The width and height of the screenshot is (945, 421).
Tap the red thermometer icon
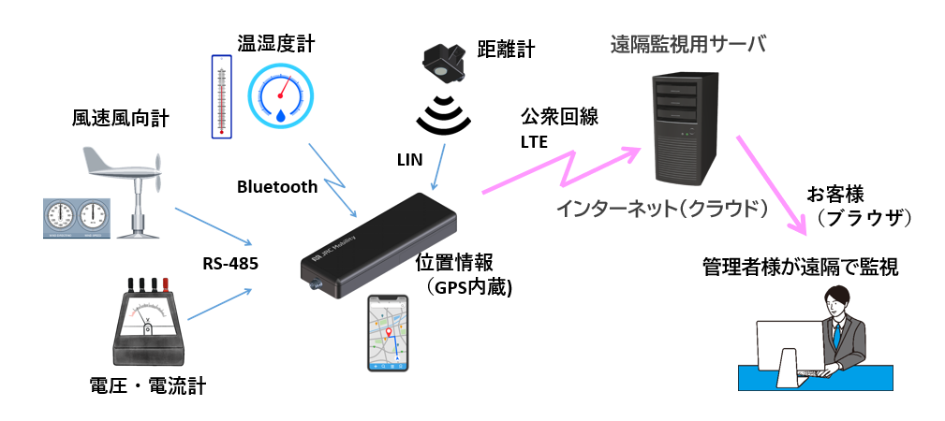222,95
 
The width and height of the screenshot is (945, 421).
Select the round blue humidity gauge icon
282,97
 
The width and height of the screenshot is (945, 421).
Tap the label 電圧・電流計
146,384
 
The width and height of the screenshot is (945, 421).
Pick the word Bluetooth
277,187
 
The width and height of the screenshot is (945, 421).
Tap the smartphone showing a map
388,332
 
